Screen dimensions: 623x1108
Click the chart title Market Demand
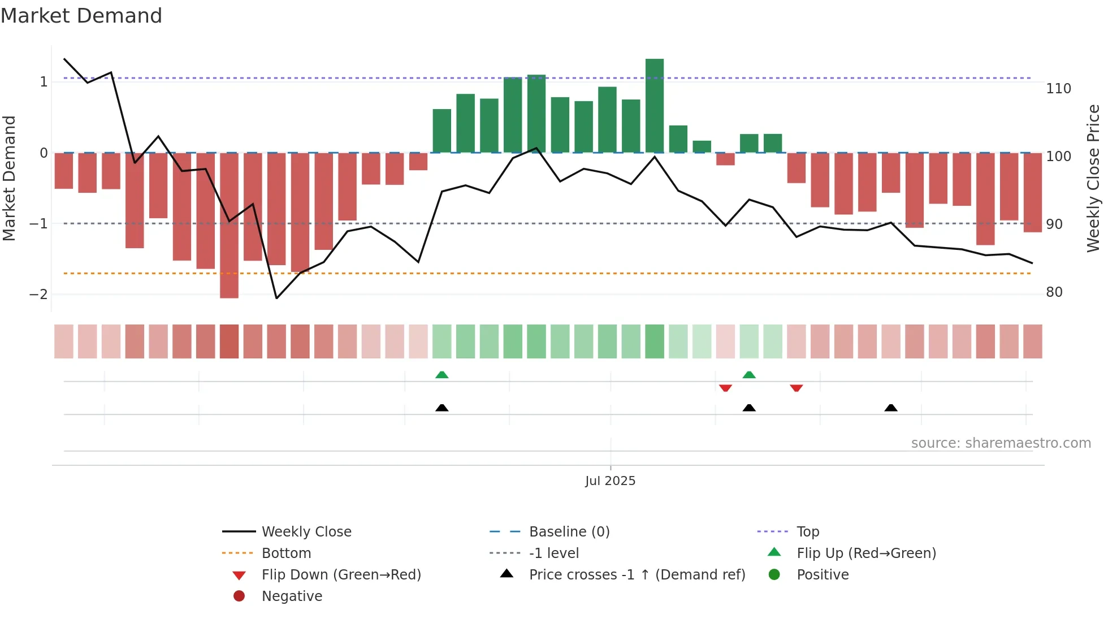point(81,16)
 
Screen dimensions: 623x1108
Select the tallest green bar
point(655,106)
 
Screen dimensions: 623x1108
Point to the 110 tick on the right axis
point(1058,89)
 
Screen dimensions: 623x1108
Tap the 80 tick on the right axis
point(1054,292)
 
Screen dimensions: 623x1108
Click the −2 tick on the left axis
point(38,295)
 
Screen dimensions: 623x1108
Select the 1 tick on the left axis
point(44,82)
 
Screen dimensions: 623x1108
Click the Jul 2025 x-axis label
point(610,481)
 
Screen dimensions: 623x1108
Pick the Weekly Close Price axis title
point(1093,178)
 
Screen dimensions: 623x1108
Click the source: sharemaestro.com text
point(1001,443)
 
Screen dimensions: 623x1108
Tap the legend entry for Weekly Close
point(306,532)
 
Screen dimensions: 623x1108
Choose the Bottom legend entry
point(286,553)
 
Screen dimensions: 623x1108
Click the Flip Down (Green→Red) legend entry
point(341,575)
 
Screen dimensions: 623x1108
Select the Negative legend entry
point(292,596)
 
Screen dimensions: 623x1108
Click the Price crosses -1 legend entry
point(637,575)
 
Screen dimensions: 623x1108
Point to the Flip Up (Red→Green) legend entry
point(866,553)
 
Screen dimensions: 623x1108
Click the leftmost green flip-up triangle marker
point(442,375)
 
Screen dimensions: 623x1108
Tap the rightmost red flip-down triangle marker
point(797,388)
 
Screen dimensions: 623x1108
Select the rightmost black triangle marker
point(891,408)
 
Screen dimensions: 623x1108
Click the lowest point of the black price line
point(276,298)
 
